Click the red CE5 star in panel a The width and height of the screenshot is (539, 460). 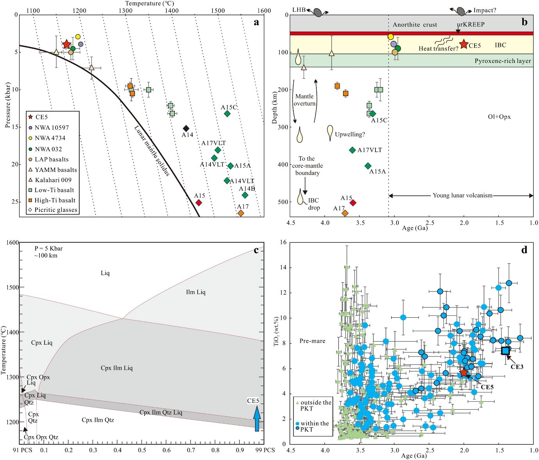tap(66, 44)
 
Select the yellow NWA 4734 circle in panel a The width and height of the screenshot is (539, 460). tap(77, 37)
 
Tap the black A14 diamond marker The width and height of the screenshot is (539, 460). tap(186, 128)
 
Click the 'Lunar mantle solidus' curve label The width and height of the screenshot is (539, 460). tap(152, 151)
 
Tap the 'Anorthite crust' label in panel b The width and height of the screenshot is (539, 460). tap(415, 25)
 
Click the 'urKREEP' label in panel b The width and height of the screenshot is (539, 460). tap(471, 24)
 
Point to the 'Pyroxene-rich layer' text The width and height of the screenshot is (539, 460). tap(503, 61)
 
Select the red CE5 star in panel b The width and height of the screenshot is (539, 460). tap(464, 44)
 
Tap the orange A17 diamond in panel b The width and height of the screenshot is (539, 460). tap(345, 213)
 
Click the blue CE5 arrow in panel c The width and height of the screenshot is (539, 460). tap(257, 418)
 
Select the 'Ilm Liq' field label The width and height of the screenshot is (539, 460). tap(195, 292)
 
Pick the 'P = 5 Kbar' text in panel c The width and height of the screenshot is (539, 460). tap(48, 249)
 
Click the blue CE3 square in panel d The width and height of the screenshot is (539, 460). tap(505, 351)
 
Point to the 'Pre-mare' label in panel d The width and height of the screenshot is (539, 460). tap(312, 341)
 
